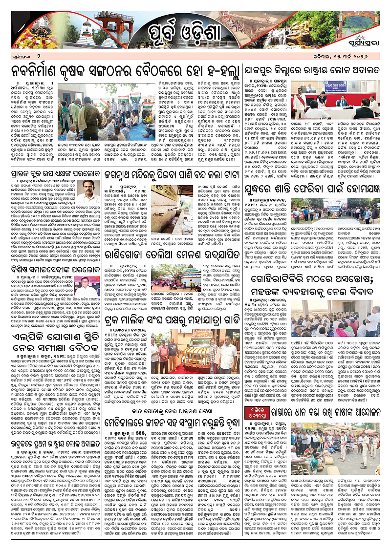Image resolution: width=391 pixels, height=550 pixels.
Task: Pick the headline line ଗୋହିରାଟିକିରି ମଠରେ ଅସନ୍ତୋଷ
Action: coord(318,279)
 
